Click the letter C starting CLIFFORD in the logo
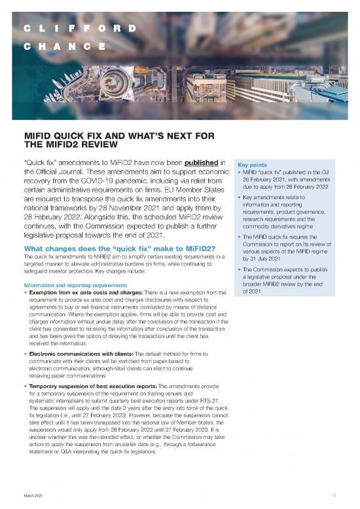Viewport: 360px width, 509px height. coord(27,29)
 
